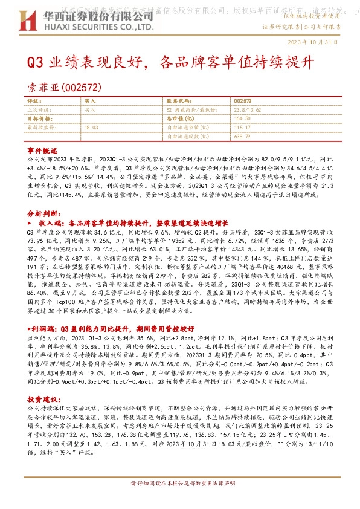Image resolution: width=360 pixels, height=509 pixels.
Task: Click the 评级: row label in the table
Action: tap(34, 102)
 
